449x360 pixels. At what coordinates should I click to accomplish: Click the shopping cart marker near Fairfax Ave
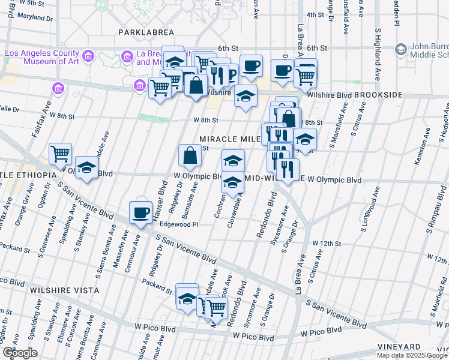tap(60, 154)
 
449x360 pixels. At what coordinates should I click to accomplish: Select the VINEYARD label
tap(399, 347)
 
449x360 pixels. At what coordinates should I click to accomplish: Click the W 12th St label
tap(327, 243)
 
